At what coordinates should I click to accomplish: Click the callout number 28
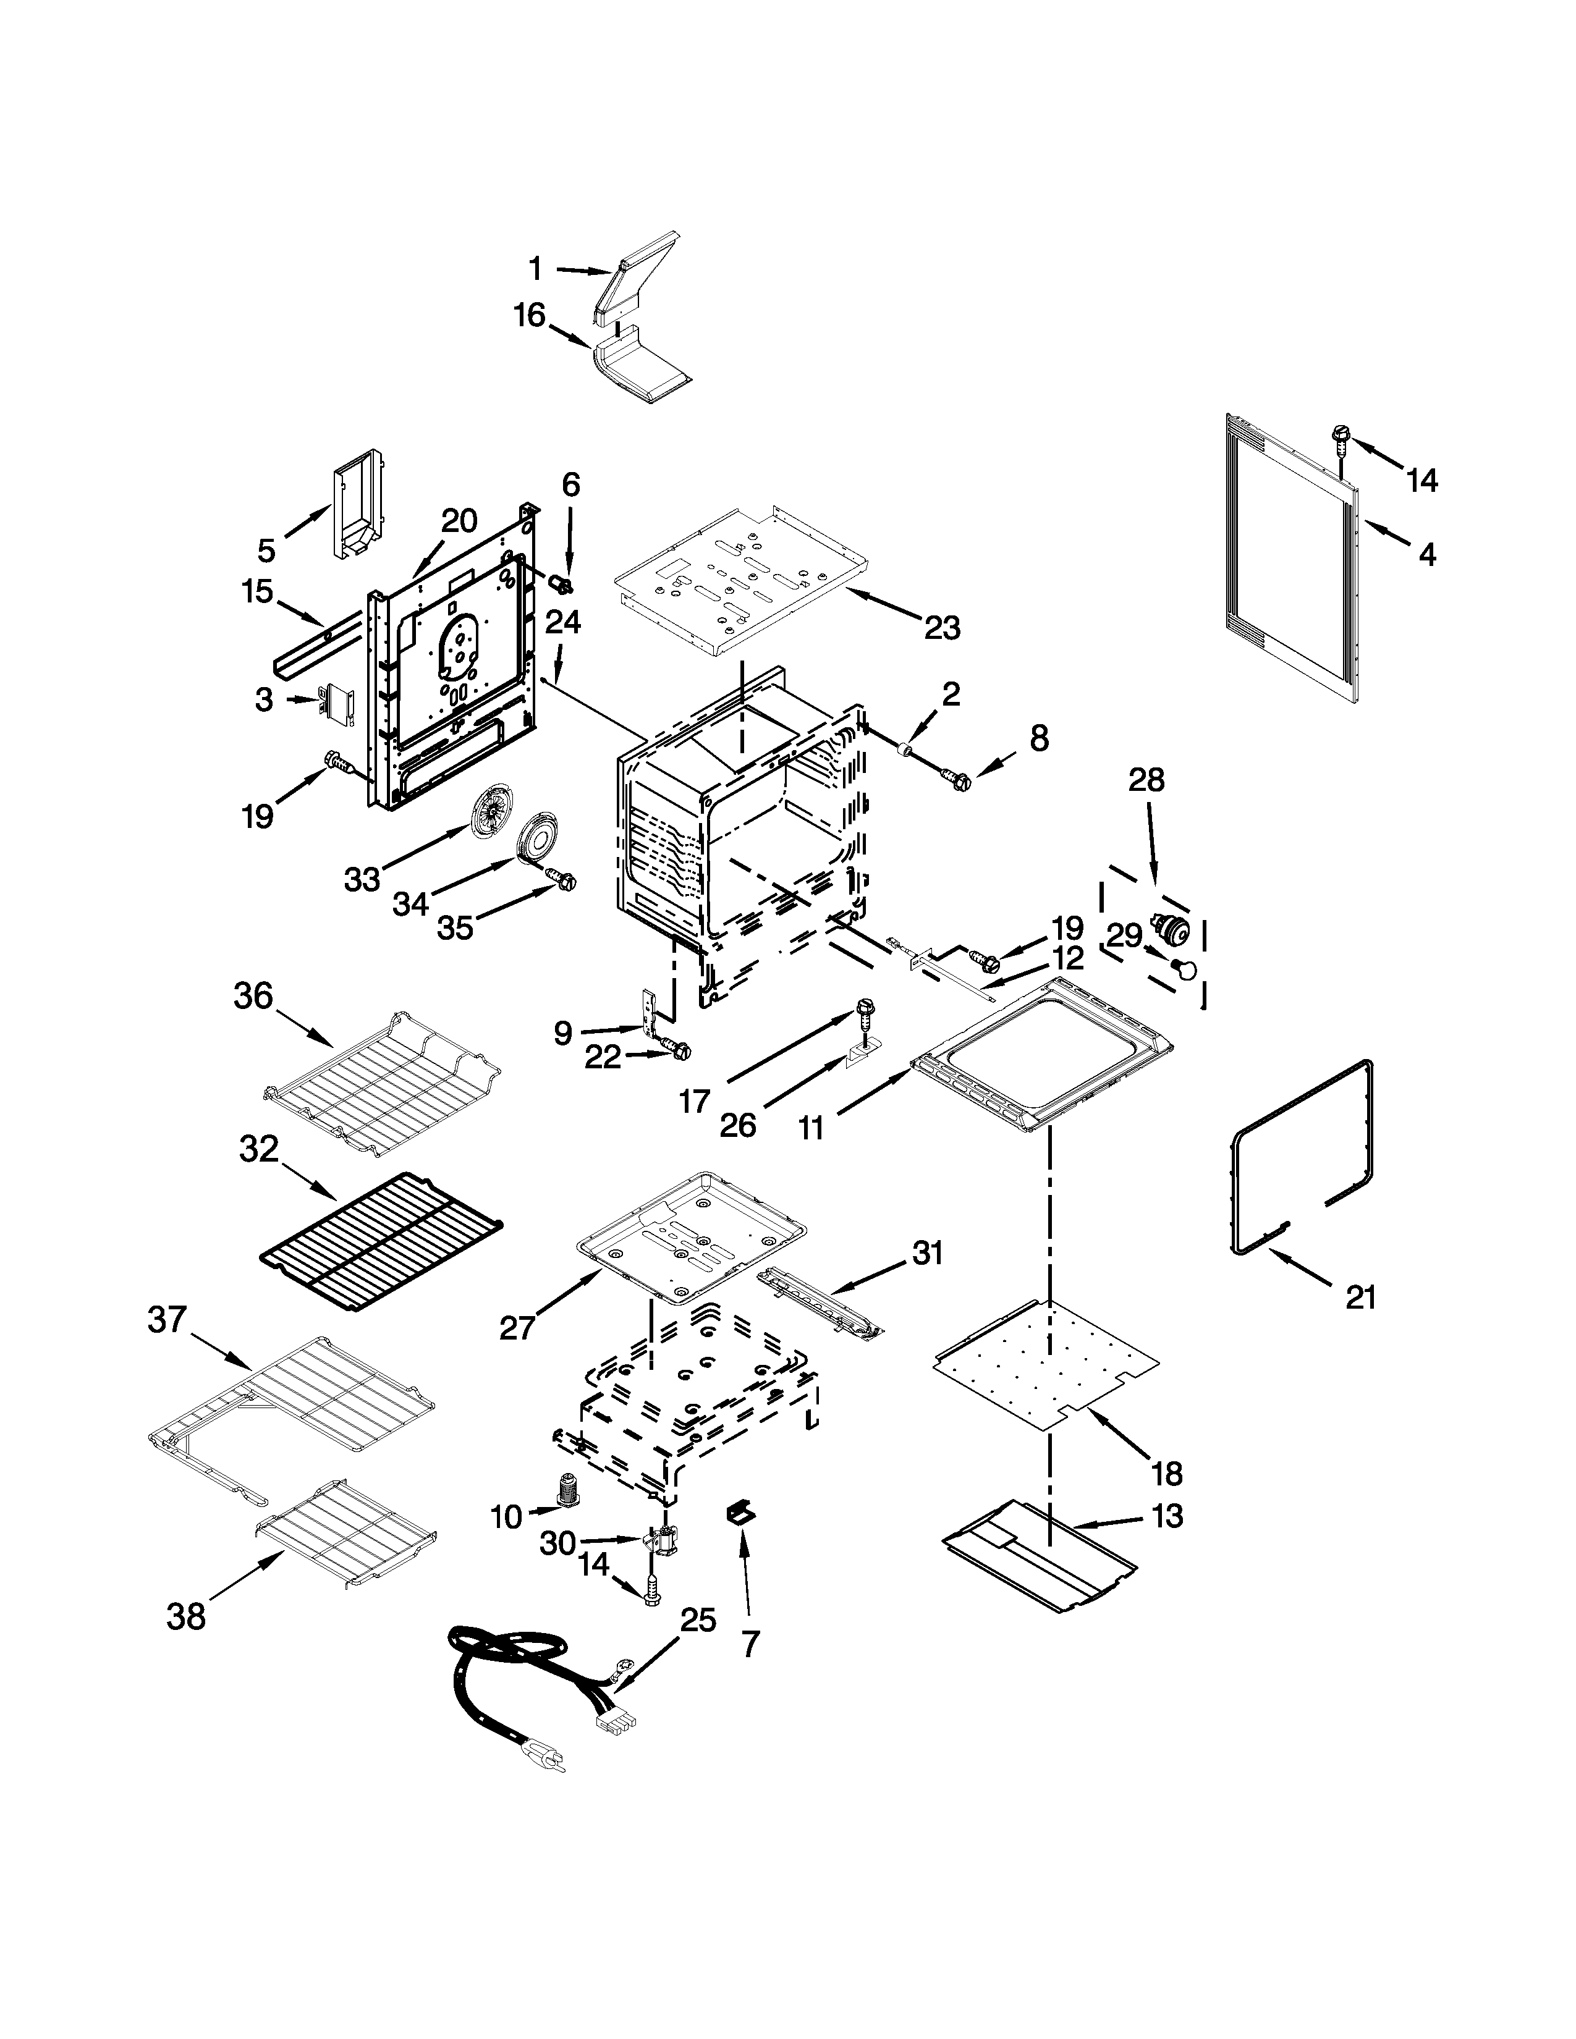[x=1146, y=780]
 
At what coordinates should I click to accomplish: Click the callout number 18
[x=1167, y=1474]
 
